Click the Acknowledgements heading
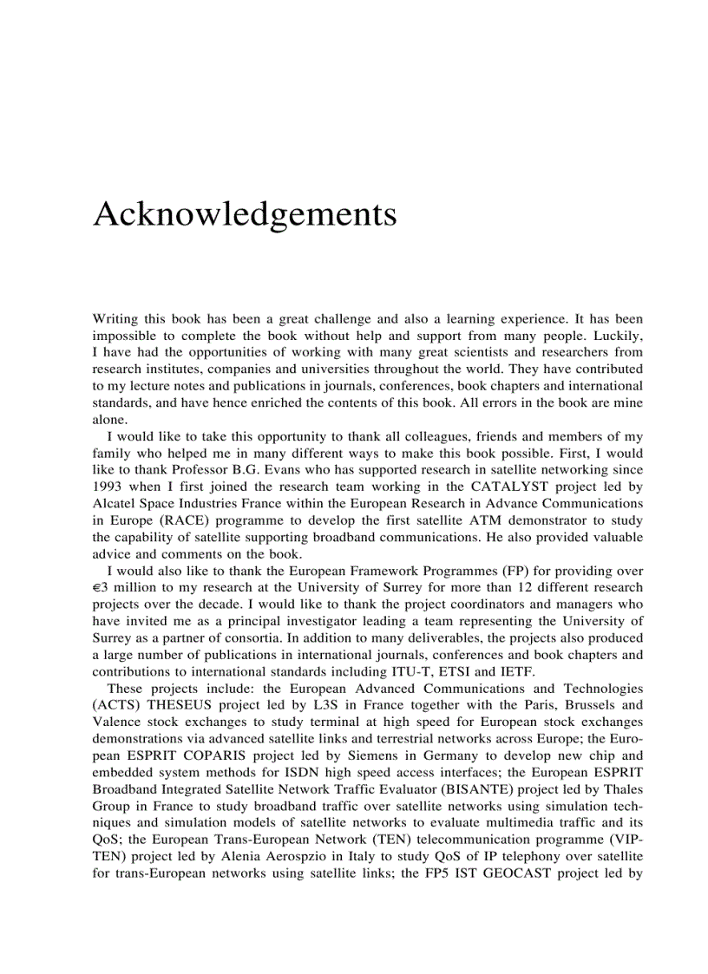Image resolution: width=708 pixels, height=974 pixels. (x=245, y=214)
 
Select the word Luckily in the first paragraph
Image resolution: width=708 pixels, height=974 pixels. (x=617, y=336)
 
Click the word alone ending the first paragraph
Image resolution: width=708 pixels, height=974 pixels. (x=109, y=420)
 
